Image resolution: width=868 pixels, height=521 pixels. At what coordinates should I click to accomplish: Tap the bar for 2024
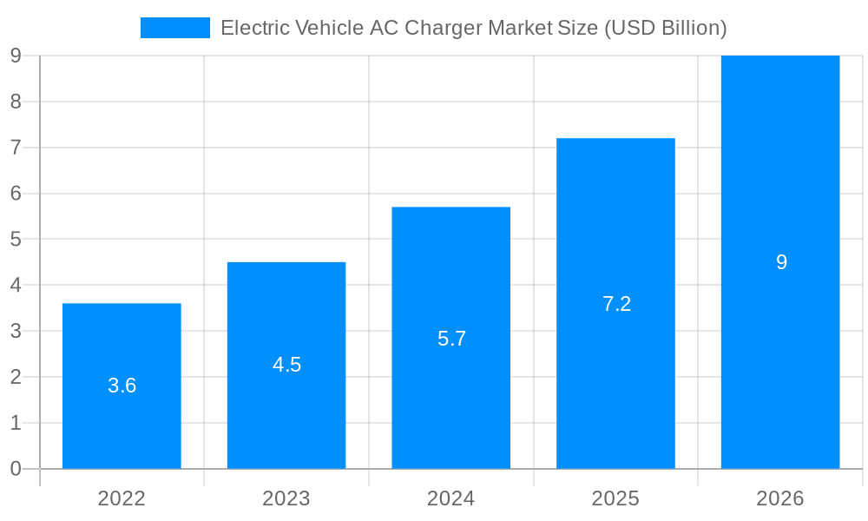tap(450, 399)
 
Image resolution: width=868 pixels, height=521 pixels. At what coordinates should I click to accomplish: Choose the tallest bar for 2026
tap(780, 365)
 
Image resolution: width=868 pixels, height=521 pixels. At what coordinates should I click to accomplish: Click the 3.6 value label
tap(122, 386)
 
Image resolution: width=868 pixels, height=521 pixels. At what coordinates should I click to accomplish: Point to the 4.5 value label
tap(286, 365)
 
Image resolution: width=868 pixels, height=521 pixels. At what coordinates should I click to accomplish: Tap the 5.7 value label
tap(451, 339)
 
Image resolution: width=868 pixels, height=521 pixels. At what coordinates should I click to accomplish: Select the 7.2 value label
tap(616, 304)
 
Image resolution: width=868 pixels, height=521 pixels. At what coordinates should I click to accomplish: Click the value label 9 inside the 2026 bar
tap(781, 262)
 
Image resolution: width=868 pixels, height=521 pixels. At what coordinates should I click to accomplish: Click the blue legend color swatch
tap(175, 28)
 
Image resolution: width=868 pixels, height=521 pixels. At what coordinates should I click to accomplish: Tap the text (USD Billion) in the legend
tap(665, 28)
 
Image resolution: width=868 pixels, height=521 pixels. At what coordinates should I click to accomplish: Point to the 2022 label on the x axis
tap(122, 498)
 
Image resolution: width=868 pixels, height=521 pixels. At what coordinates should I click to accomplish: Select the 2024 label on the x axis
tap(450, 498)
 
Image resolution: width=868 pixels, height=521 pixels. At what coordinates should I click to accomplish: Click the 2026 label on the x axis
tap(780, 498)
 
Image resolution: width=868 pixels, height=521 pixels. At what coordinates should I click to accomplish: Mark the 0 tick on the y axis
tap(16, 469)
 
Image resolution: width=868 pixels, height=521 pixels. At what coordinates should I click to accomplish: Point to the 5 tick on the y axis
tap(16, 240)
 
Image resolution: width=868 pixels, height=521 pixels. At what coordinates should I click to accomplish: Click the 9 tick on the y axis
tap(16, 56)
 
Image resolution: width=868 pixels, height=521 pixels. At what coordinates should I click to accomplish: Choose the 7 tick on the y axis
tap(16, 148)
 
